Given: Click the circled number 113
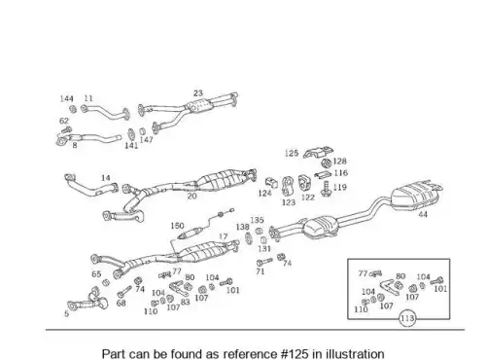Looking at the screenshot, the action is coord(407,318).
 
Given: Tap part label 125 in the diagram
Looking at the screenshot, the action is coord(292,153).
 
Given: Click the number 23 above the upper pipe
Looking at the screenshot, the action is coord(198,93).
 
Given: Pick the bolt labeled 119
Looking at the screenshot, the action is coord(326,189).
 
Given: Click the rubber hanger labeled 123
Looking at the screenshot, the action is coord(287,186).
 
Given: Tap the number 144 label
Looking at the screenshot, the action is coord(67,98).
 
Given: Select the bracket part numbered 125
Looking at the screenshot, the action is coord(318,153).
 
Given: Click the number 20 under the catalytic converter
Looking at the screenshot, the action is coord(191,196).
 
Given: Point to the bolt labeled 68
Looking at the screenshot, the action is coord(124,292).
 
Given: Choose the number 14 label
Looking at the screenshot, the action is coord(106,178).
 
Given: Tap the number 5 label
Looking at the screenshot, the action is coord(66,313).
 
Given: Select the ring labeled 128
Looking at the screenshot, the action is coord(327,162).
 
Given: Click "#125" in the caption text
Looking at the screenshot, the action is coord(295,353).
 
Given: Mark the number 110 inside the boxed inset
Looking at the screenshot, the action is coord(361,309).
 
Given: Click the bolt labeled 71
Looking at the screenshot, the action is coord(264,262).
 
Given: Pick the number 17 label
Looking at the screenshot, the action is coord(224,236).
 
